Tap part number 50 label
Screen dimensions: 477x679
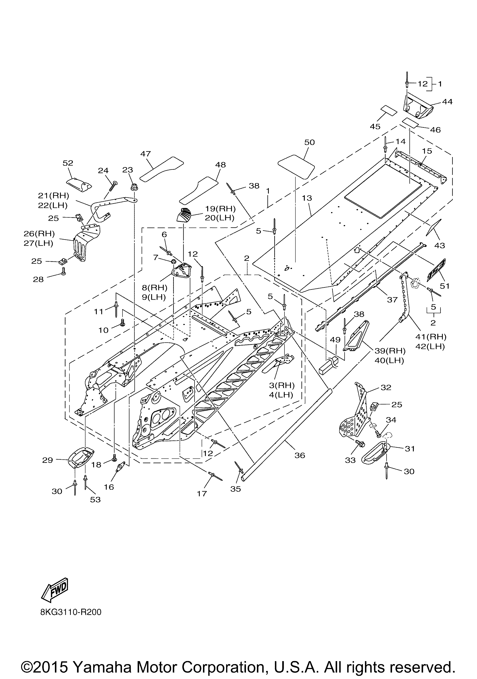coord(309,142)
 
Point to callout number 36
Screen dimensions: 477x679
coord(300,455)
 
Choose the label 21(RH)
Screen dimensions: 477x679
coord(53,196)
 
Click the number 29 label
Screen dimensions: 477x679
coord(48,460)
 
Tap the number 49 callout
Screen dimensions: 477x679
coord(335,340)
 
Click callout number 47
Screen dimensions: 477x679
coord(146,154)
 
